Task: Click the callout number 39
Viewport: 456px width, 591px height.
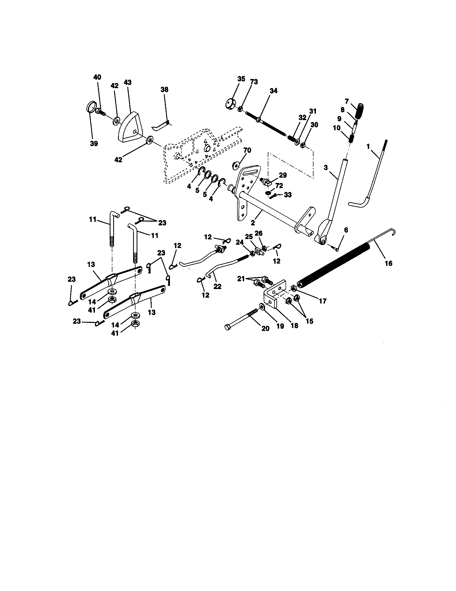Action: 94,144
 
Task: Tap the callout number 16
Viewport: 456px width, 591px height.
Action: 388,263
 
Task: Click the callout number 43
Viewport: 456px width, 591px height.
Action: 127,82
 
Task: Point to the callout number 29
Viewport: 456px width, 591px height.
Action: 283,175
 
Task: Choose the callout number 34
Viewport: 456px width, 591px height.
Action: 273,91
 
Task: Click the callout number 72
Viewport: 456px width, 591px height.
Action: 279,186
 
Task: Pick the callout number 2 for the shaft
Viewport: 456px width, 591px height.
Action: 253,223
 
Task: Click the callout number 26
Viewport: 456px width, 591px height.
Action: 258,233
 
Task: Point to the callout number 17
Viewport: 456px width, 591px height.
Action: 322,301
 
